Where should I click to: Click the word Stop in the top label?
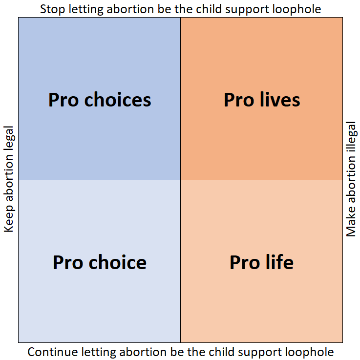(x=50, y=9)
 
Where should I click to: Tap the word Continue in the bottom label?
(x=47, y=352)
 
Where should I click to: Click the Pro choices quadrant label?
(x=100, y=100)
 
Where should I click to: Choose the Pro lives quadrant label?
(x=262, y=100)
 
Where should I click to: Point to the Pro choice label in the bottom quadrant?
(x=100, y=262)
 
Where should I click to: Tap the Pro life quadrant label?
(x=262, y=262)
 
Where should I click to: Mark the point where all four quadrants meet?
(x=181, y=180)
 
